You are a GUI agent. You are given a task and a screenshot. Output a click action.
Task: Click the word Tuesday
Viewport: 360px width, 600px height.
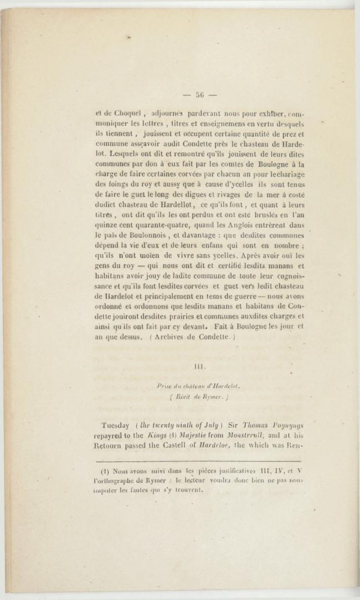pyautogui.click(x=116, y=426)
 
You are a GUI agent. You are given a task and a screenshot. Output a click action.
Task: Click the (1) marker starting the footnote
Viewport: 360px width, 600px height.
pyautogui.click(x=104, y=471)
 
